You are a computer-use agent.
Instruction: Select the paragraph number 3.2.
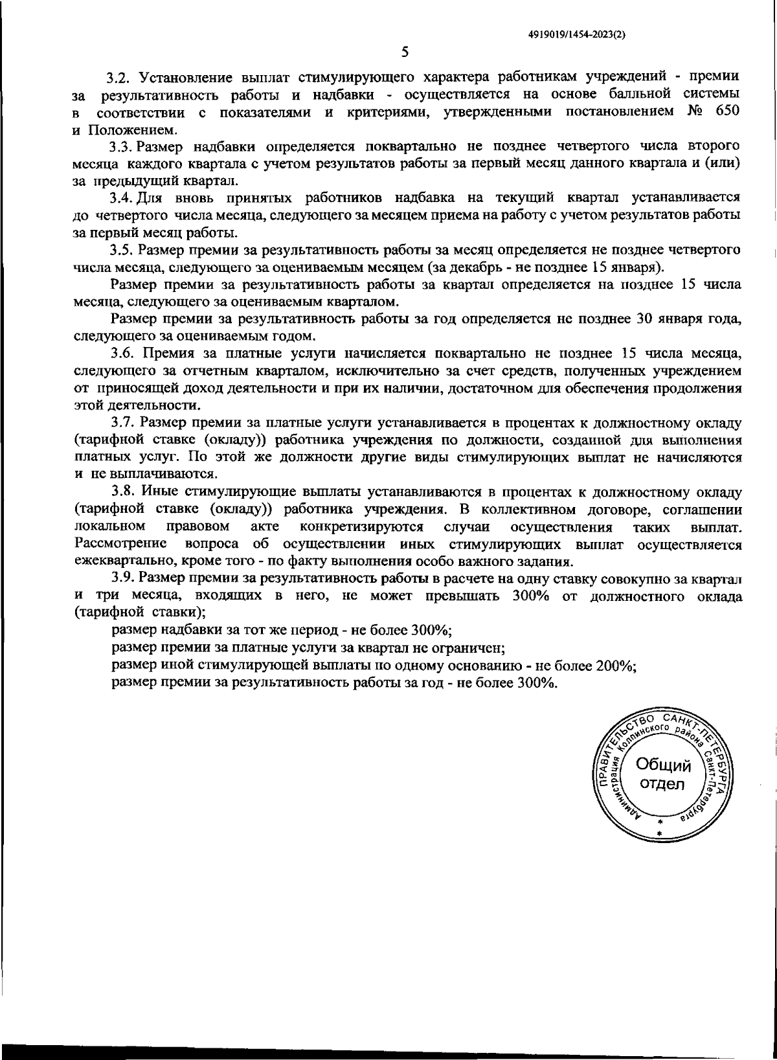point(120,78)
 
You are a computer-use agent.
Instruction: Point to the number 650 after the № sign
point(726,113)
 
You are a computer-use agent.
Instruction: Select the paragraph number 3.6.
point(123,354)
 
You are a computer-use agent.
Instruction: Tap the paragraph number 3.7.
point(123,423)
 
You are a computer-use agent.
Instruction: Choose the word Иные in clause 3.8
point(159,492)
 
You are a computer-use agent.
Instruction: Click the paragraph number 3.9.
point(123,578)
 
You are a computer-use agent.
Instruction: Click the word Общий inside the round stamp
point(663,765)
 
